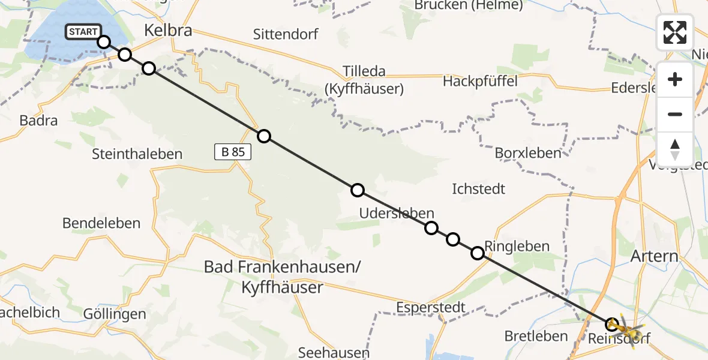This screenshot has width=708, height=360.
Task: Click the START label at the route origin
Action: tap(83, 32)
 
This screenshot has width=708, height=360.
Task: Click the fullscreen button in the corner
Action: tap(675, 32)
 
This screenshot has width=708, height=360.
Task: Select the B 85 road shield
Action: tap(233, 152)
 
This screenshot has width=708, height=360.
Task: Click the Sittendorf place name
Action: tap(286, 33)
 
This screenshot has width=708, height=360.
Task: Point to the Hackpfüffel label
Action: tap(480, 81)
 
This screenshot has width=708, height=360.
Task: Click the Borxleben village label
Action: tap(528, 153)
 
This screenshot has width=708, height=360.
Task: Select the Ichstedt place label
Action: tap(478, 189)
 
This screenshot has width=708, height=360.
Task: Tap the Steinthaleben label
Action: tap(137, 154)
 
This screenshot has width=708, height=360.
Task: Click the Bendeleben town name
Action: tap(101, 223)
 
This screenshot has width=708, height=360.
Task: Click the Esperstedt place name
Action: tap(431, 308)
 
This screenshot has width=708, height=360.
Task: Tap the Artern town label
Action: tap(654, 257)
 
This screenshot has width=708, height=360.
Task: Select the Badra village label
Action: tap(38, 121)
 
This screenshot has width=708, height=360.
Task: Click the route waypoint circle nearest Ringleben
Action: tap(477, 253)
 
